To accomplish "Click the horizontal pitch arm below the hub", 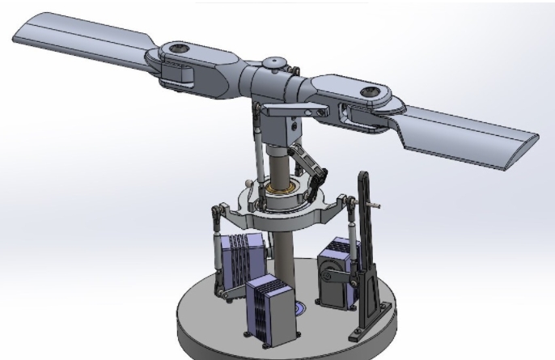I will [x=285, y=113].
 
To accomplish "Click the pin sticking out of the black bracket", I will [x=377, y=205].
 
